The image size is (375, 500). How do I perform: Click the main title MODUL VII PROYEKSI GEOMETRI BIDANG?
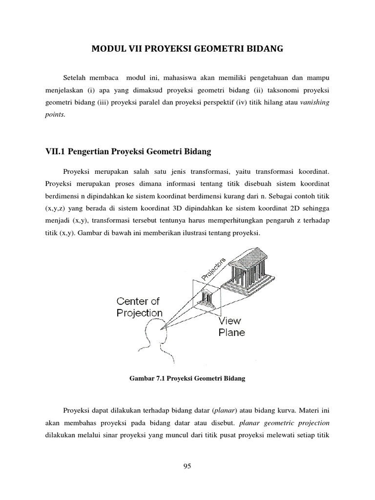coord(187,49)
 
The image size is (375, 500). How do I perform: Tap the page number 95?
coord(187,466)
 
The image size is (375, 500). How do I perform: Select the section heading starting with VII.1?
coord(128,152)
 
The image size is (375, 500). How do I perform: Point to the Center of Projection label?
coord(139,307)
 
